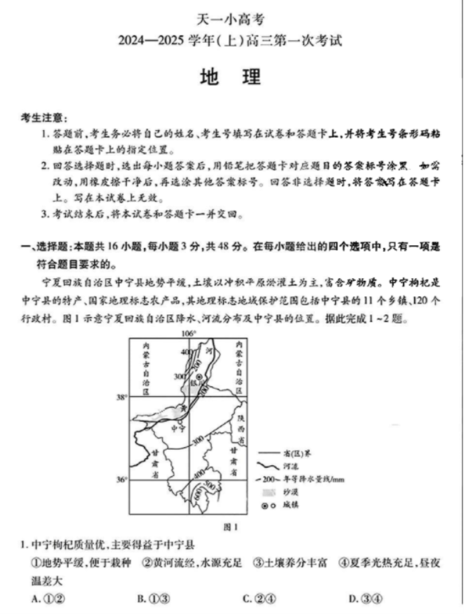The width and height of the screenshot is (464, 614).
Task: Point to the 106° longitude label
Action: [x=189, y=333]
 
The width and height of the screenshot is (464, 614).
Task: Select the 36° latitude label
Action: [x=121, y=480]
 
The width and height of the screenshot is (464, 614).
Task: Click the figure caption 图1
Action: [x=231, y=527]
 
